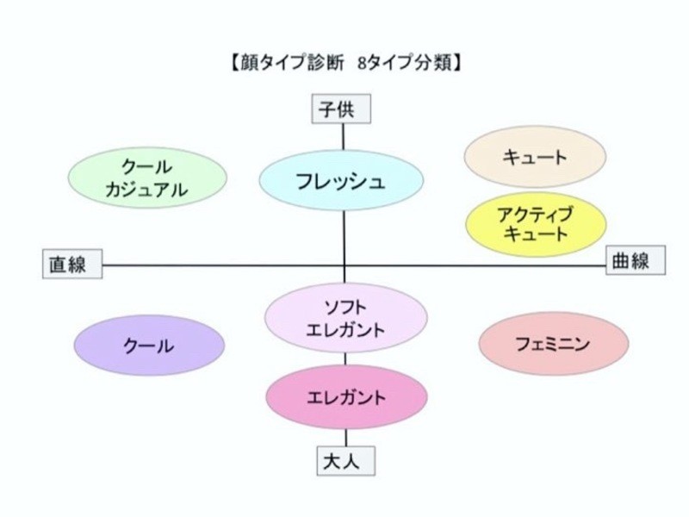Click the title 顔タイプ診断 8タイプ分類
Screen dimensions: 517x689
pos(344,63)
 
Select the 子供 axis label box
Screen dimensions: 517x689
pos(344,109)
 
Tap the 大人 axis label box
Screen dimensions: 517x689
pos(344,460)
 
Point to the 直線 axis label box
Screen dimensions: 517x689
pos(72,265)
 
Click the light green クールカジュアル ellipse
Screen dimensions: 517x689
pos(147,179)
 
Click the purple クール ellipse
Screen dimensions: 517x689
pos(149,346)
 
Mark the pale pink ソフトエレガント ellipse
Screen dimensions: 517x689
pos(345,317)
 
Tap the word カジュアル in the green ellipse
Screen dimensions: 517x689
pos(146,190)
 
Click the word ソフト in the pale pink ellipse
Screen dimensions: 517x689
pos(345,307)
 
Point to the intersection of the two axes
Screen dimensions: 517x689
pos(344,265)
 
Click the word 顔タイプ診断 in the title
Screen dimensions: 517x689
pos(290,63)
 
